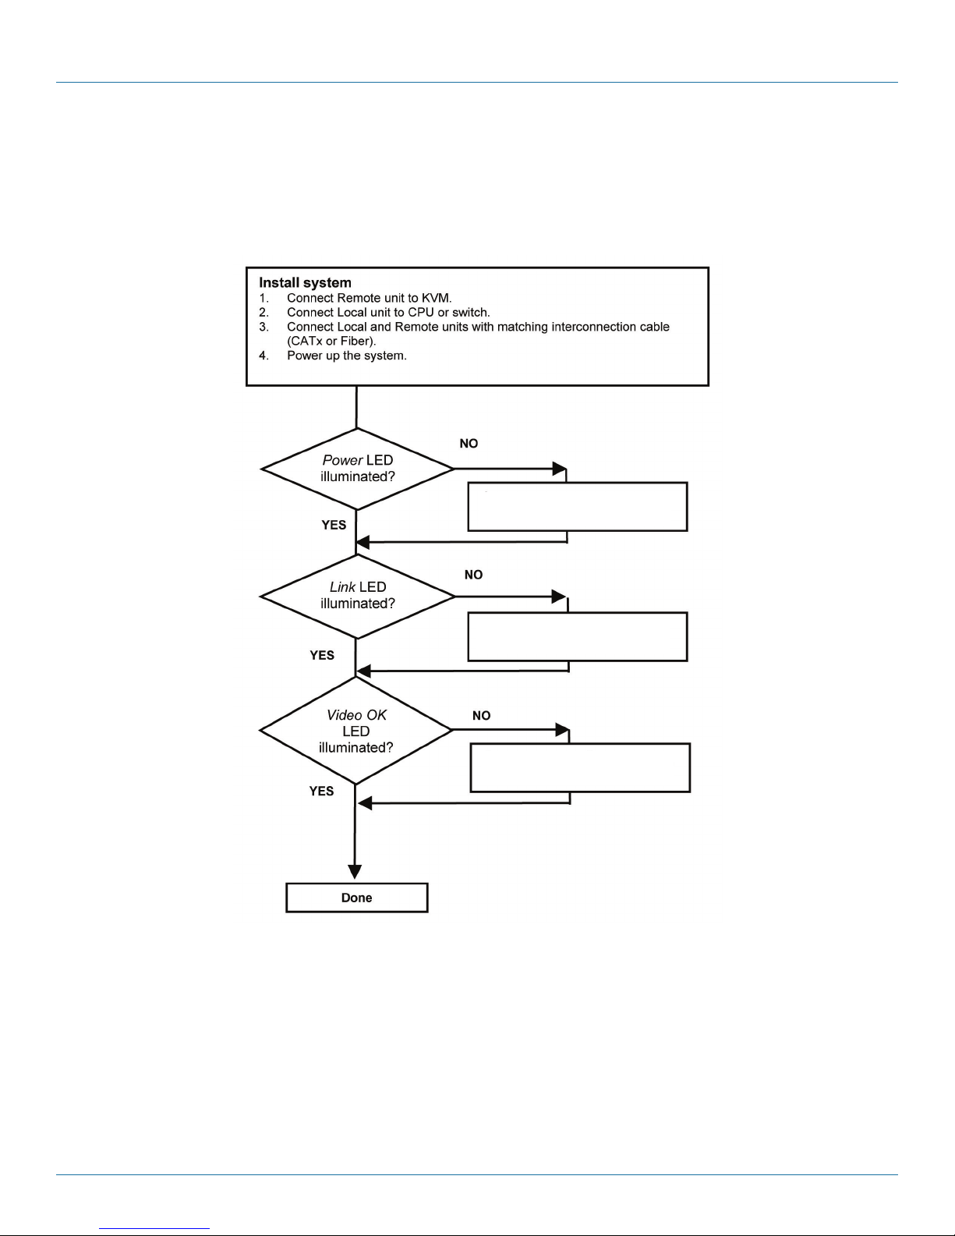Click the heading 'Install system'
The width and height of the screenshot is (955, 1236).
(305, 283)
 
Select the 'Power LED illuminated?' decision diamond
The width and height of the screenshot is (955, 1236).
(357, 469)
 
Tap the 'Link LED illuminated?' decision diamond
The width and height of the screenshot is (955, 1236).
(357, 596)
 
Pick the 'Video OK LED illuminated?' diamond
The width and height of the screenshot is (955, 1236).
(355, 731)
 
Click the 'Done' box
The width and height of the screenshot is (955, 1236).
(356, 898)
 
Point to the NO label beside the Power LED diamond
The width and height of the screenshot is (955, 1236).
(469, 444)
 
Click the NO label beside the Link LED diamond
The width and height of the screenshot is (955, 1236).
(473, 575)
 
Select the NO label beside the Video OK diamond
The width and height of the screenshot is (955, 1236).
(482, 716)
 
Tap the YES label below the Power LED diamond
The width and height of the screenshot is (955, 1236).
(334, 525)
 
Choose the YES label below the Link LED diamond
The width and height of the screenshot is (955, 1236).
(322, 655)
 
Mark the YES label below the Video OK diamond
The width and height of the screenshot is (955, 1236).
(321, 792)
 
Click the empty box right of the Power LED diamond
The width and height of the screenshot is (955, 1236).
(578, 507)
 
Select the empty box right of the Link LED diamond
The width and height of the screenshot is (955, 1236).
(578, 636)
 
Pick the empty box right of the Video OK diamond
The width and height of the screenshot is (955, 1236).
(580, 767)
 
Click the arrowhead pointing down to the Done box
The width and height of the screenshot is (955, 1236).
(355, 872)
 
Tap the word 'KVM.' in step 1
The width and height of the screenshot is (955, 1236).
(437, 298)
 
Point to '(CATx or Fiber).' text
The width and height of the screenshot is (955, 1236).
(331, 342)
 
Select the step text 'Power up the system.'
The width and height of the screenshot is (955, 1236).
(347, 356)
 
